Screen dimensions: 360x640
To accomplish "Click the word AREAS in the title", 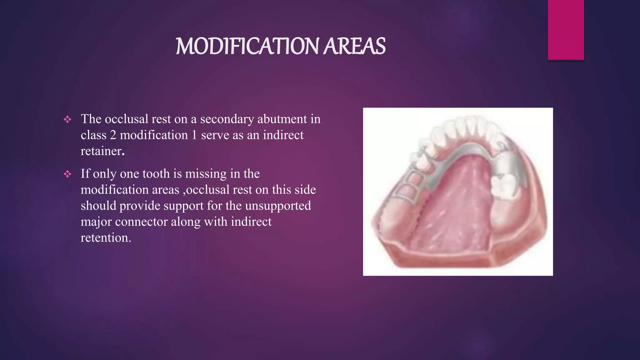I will point(354,46).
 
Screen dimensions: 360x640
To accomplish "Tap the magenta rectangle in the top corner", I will point(566,30).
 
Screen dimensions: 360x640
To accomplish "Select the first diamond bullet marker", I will point(67,119).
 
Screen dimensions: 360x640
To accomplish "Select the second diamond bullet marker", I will point(67,174).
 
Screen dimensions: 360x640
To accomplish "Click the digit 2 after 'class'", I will point(113,135).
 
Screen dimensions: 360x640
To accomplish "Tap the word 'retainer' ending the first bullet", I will point(102,151).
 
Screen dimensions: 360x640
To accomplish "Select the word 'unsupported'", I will point(278,206).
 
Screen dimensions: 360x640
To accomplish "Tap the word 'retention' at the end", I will point(105,238).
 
